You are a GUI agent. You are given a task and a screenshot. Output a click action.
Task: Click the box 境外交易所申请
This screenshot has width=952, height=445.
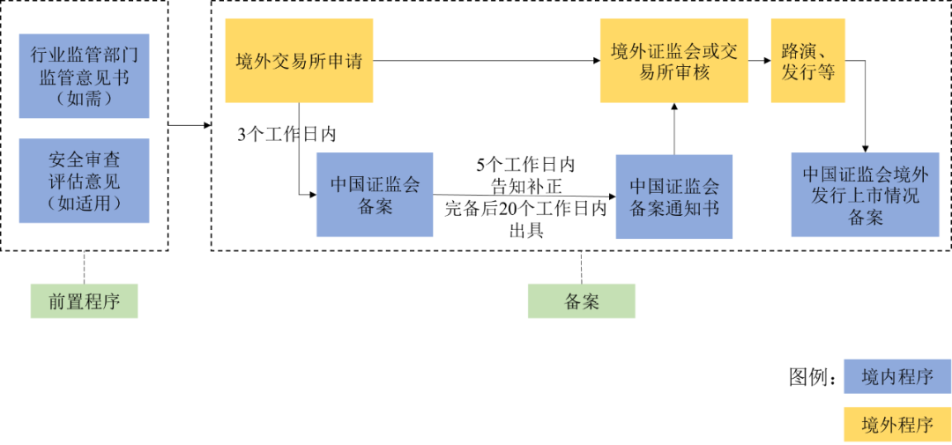[299, 61]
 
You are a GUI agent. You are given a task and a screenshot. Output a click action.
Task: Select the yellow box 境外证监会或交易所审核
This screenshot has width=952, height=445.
[673, 61]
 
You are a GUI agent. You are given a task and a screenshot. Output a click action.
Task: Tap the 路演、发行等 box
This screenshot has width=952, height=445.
[807, 61]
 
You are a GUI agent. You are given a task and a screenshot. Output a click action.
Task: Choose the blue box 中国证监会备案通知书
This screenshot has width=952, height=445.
[673, 197]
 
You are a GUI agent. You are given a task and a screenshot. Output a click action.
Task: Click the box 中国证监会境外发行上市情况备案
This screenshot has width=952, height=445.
[865, 195]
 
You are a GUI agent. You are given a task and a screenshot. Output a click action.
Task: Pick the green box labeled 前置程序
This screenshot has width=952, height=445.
[84, 301]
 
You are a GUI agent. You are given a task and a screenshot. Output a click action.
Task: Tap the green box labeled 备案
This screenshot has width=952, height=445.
[581, 301]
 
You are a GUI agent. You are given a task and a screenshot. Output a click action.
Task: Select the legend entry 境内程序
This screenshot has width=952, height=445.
[896, 376]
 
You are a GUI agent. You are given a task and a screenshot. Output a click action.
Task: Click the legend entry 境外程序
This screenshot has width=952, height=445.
[896, 424]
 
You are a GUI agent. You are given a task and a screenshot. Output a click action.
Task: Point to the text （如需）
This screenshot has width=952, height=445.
[84, 97]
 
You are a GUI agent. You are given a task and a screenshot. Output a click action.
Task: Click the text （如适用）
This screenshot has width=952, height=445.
[84, 204]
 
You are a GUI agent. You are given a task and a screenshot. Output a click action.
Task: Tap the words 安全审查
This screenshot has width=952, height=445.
[84, 160]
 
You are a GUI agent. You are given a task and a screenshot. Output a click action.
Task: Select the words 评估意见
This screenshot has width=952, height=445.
[84, 182]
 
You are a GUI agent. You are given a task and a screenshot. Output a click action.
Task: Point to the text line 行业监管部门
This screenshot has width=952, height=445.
[84, 55]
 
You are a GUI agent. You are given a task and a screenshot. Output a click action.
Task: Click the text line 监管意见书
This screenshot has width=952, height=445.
[84, 77]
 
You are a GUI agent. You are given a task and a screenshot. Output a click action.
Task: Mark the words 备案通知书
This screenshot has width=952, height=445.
[673, 208]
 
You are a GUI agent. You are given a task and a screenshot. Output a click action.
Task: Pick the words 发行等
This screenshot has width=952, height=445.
[807, 72]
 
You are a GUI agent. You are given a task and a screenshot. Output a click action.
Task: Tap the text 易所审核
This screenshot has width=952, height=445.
[673, 72]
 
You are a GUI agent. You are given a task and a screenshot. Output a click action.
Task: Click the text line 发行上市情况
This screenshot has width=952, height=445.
[865, 195]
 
